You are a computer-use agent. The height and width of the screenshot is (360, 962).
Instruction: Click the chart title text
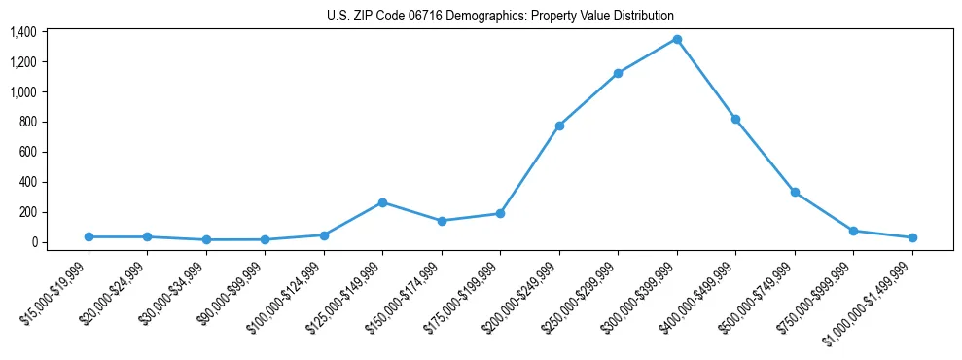[x=499, y=17]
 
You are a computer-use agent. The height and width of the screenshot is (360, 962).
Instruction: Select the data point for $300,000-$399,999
[x=677, y=39]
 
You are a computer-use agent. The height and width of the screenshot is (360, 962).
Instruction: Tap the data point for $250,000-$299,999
[x=618, y=73]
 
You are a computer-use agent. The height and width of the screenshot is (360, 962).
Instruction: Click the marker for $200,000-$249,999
[x=559, y=126]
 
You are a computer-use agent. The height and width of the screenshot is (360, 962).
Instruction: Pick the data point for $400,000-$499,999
[x=735, y=119]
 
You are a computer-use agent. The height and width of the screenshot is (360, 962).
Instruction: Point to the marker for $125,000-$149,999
[x=382, y=202]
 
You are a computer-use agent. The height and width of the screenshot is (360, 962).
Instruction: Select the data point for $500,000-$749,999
[x=795, y=192]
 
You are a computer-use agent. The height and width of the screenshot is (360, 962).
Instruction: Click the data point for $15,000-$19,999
[x=89, y=236]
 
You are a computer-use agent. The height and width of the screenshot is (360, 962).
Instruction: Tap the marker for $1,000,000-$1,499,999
[x=912, y=237]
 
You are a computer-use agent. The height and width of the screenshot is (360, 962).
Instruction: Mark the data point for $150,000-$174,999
[x=442, y=221]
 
